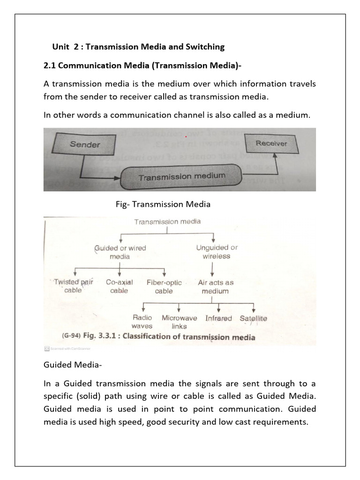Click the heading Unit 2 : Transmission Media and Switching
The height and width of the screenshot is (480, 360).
[138, 46]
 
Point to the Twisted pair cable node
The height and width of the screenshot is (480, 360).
[74, 286]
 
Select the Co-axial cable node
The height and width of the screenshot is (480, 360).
[119, 286]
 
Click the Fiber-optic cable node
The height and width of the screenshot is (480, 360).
[164, 286]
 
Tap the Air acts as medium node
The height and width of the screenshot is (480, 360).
[215, 286]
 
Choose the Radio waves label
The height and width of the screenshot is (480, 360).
[142, 322]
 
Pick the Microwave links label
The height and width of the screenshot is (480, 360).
[179, 322]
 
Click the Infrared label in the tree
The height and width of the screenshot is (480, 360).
[218, 318]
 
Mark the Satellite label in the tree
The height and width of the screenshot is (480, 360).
[253, 318]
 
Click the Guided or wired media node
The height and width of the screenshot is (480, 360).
[120, 252]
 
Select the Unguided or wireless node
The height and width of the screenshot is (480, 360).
[216, 252]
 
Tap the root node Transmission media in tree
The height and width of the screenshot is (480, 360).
[167, 222]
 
